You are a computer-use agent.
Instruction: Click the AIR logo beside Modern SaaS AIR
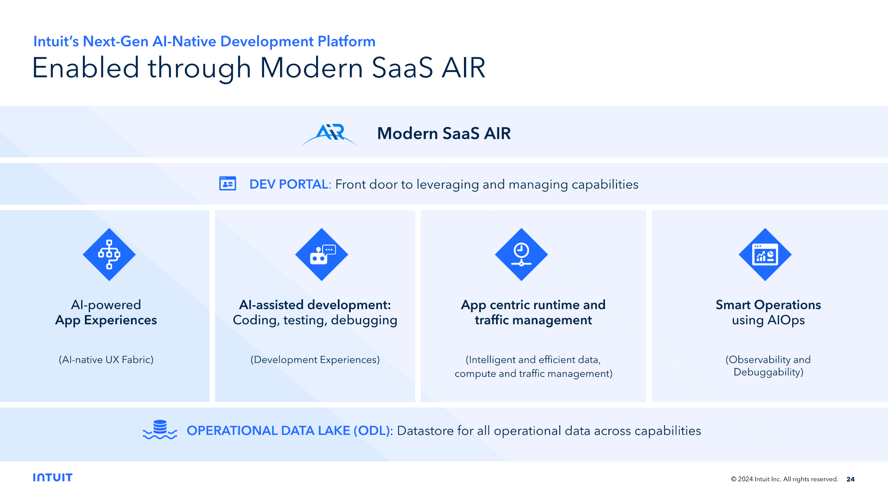(x=330, y=134)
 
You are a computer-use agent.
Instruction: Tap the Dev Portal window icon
(x=228, y=184)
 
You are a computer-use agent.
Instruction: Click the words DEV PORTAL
(x=289, y=184)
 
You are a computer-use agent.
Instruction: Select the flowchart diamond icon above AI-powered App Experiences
(x=109, y=255)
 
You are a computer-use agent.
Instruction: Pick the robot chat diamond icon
(x=322, y=255)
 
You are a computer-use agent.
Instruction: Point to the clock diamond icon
(x=522, y=255)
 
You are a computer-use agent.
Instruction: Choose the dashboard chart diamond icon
(x=765, y=255)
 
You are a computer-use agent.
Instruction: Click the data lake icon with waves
(x=160, y=430)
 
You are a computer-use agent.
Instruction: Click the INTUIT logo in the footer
(x=52, y=477)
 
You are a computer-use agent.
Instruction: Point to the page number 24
(x=850, y=479)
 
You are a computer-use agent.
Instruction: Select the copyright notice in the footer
(x=784, y=479)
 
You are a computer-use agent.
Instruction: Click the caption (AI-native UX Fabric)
(x=106, y=359)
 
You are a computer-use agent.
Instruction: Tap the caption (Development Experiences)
(x=315, y=359)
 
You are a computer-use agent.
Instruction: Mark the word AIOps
(x=786, y=320)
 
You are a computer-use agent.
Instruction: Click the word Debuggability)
(x=769, y=372)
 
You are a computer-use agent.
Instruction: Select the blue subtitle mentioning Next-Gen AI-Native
(x=204, y=41)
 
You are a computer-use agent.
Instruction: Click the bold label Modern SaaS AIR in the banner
(x=444, y=133)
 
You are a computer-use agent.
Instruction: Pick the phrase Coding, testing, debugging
(x=315, y=320)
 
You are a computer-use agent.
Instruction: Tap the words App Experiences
(x=106, y=320)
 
